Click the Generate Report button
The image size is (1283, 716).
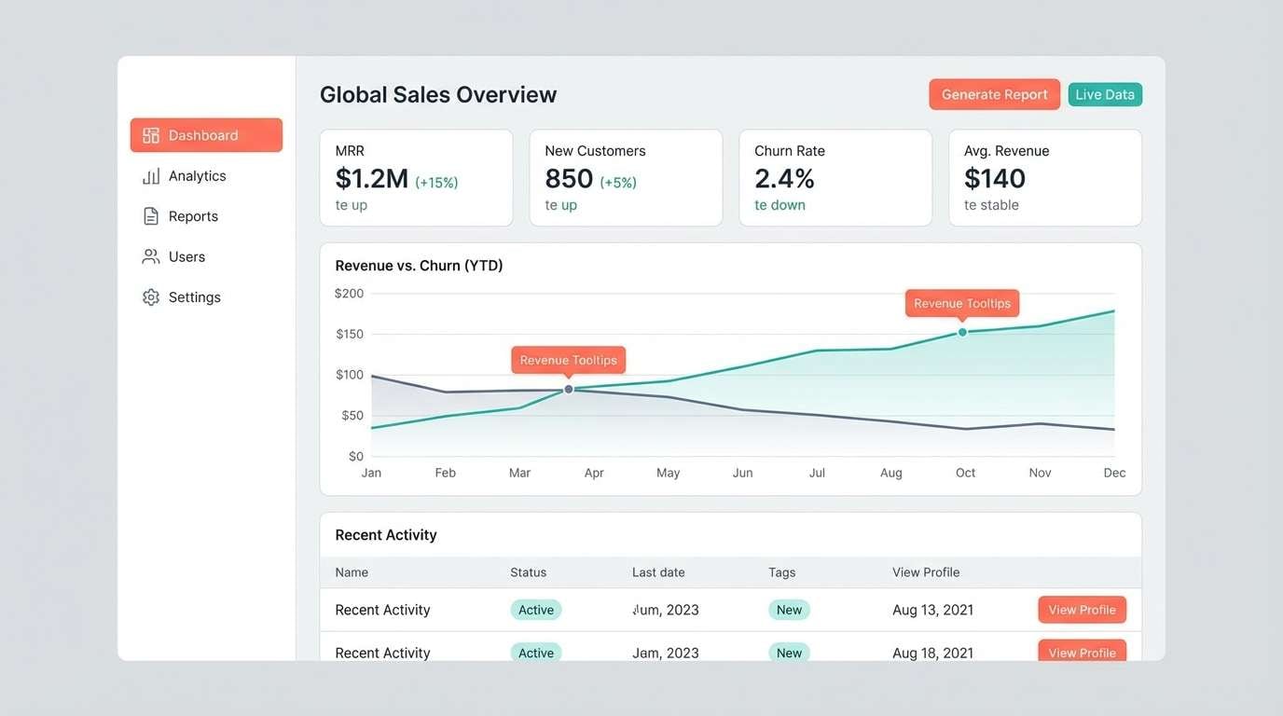994,94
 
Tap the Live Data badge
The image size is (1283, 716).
1105,94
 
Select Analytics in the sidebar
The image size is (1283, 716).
197,176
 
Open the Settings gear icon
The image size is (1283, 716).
151,297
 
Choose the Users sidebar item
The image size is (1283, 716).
186,256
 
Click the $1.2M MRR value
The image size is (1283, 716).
372,178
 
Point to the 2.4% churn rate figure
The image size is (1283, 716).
784,178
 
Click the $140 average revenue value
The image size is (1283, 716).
995,178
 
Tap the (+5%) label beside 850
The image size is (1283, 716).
618,183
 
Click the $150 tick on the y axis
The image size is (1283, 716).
350,334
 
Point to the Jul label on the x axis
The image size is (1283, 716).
817,473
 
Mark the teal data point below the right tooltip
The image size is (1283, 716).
962,332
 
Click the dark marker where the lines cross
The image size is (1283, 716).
569,389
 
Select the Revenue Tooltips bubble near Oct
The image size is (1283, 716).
962,303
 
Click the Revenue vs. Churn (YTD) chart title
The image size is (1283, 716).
419,266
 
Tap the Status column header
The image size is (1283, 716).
528,572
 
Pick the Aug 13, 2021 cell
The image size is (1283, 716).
932,610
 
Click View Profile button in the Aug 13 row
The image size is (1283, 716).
1082,610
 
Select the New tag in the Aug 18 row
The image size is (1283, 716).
789,653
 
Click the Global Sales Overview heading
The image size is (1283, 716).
438,94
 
